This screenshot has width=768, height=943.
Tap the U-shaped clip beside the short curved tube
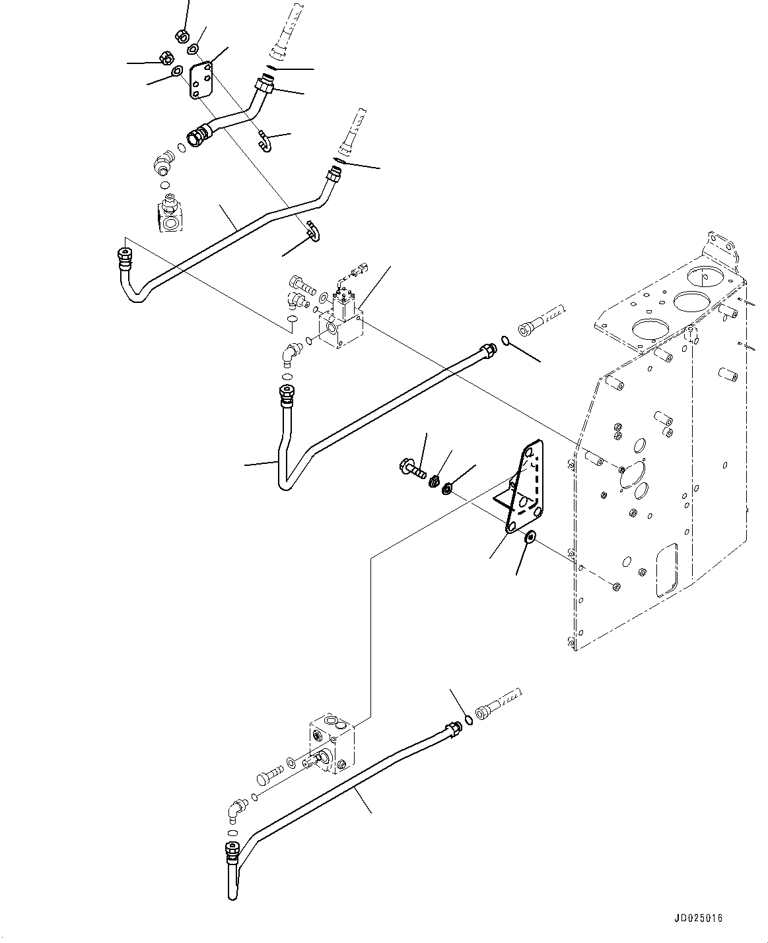tap(264, 140)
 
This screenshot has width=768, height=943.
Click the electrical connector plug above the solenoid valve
tap(359, 269)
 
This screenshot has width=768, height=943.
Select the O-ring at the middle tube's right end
tap(505, 341)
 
